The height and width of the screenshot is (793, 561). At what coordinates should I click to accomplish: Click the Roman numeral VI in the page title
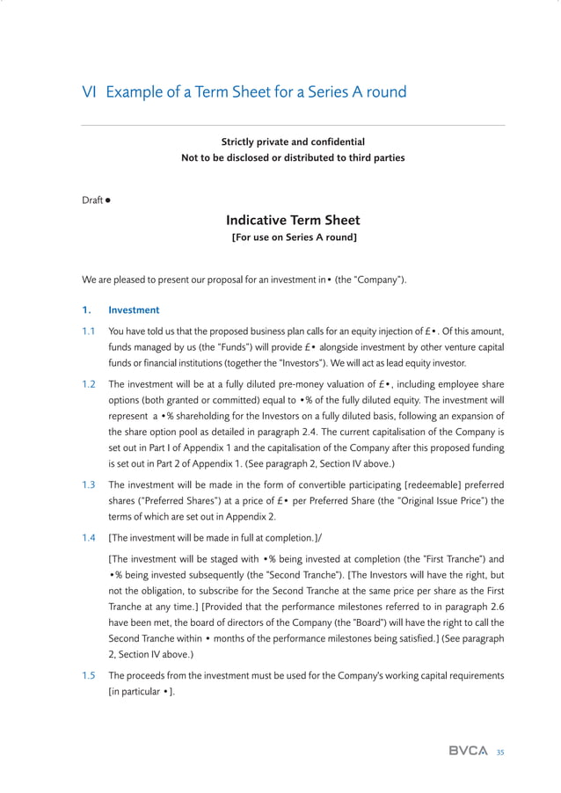click(90, 92)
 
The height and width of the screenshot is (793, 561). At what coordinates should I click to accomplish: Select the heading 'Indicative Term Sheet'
click(293, 220)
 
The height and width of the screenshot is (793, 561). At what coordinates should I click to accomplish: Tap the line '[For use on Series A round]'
click(293, 237)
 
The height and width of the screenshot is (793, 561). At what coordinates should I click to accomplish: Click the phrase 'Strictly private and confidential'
click(293, 142)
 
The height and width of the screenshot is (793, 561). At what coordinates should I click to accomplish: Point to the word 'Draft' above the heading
click(91, 200)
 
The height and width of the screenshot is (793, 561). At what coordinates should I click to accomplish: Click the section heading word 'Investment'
click(134, 310)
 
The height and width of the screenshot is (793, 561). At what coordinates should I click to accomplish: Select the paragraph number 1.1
click(89, 331)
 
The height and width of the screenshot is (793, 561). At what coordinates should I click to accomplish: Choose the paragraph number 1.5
click(89, 675)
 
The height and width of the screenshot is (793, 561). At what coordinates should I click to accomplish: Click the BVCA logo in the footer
click(468, 751)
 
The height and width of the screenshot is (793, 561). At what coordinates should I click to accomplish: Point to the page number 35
click(500, 752)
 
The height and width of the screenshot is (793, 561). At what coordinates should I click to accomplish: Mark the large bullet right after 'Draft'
click(107, 200)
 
